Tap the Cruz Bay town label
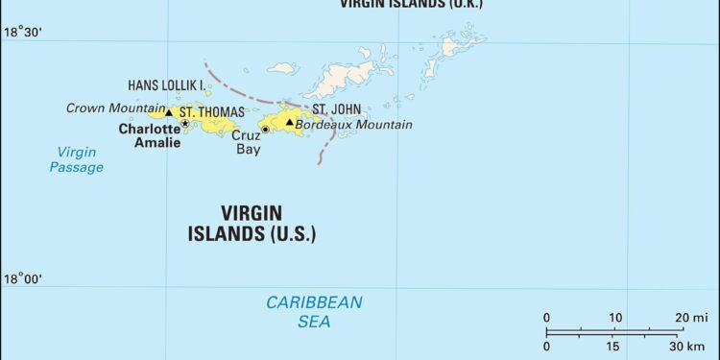click(x=247, y=142)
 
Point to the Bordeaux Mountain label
click(x=354, y=125)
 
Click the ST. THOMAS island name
click(x=212, y=112)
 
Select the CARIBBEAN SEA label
click(x=314, y=312)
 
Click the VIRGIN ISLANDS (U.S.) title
click(x=254, y=223)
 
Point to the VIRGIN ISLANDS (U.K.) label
click(x=410, y=4)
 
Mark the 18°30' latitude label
click(x=22, y=33)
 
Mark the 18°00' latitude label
click(x=22, y=279)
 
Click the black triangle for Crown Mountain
click(x=169, y=112)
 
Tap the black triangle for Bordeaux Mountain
click(x=289, y=122)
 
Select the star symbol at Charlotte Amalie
click(x=184, y=124)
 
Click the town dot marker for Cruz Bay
click(x=265, y=130)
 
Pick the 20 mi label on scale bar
click(x=690, y=318)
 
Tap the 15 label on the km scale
click(x=612, y=346)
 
